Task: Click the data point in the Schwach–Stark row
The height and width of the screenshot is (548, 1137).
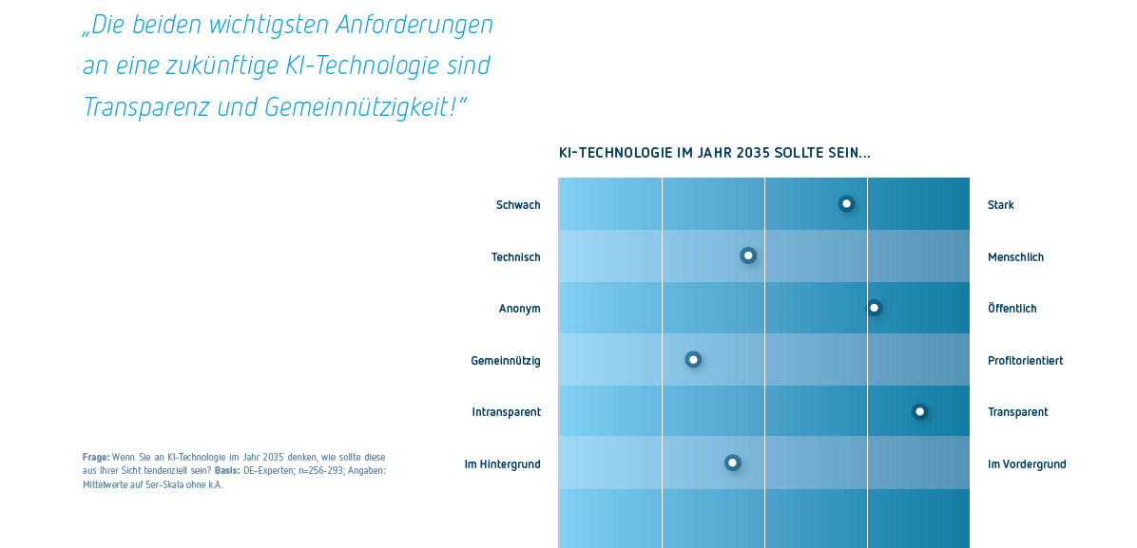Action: point(846,203)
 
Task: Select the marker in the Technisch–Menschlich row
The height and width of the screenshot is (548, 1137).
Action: point(748,255)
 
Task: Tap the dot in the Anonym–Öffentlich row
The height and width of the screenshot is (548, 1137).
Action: point(874,308)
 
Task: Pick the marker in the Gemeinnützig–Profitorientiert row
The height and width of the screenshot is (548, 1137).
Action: point(693,359)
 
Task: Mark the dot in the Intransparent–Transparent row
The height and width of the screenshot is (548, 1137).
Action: point(919,411)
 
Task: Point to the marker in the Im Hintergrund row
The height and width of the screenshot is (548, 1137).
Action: point(732,463)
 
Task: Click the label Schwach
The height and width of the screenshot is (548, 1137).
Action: point(518,205)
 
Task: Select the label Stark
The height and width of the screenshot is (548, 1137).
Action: point(1001,205)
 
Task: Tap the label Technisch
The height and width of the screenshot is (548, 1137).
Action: point(515,257)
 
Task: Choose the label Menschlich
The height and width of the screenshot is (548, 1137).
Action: point(1015,257)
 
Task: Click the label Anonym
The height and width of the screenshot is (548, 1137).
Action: point(519,309)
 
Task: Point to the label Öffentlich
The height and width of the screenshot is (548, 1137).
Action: point(1012,309)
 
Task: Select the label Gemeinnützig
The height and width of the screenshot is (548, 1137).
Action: point(506,361)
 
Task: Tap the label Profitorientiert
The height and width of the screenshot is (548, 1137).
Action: point(1025,361)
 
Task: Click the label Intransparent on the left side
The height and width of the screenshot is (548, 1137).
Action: point(506,412)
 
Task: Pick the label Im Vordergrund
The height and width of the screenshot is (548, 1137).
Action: point(1027,464)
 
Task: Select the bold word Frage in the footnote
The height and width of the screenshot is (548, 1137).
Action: point(96,458)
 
